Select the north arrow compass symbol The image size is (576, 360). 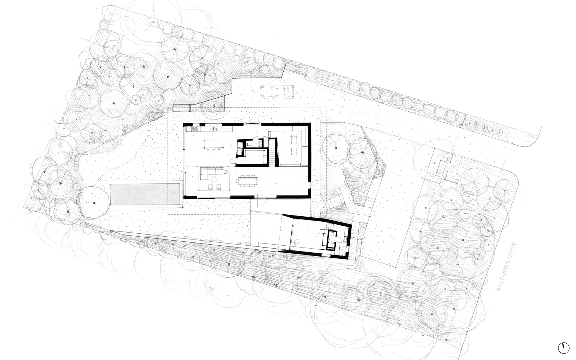click(563, 348)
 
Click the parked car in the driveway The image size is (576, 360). click(277, 91)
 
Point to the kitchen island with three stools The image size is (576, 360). click(213, 144)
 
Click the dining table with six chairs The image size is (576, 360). click(247, 180)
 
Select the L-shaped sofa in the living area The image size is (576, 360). click(210, 174)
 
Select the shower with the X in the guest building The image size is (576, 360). click(342, 250)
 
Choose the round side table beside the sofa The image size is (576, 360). click(226, 171)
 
